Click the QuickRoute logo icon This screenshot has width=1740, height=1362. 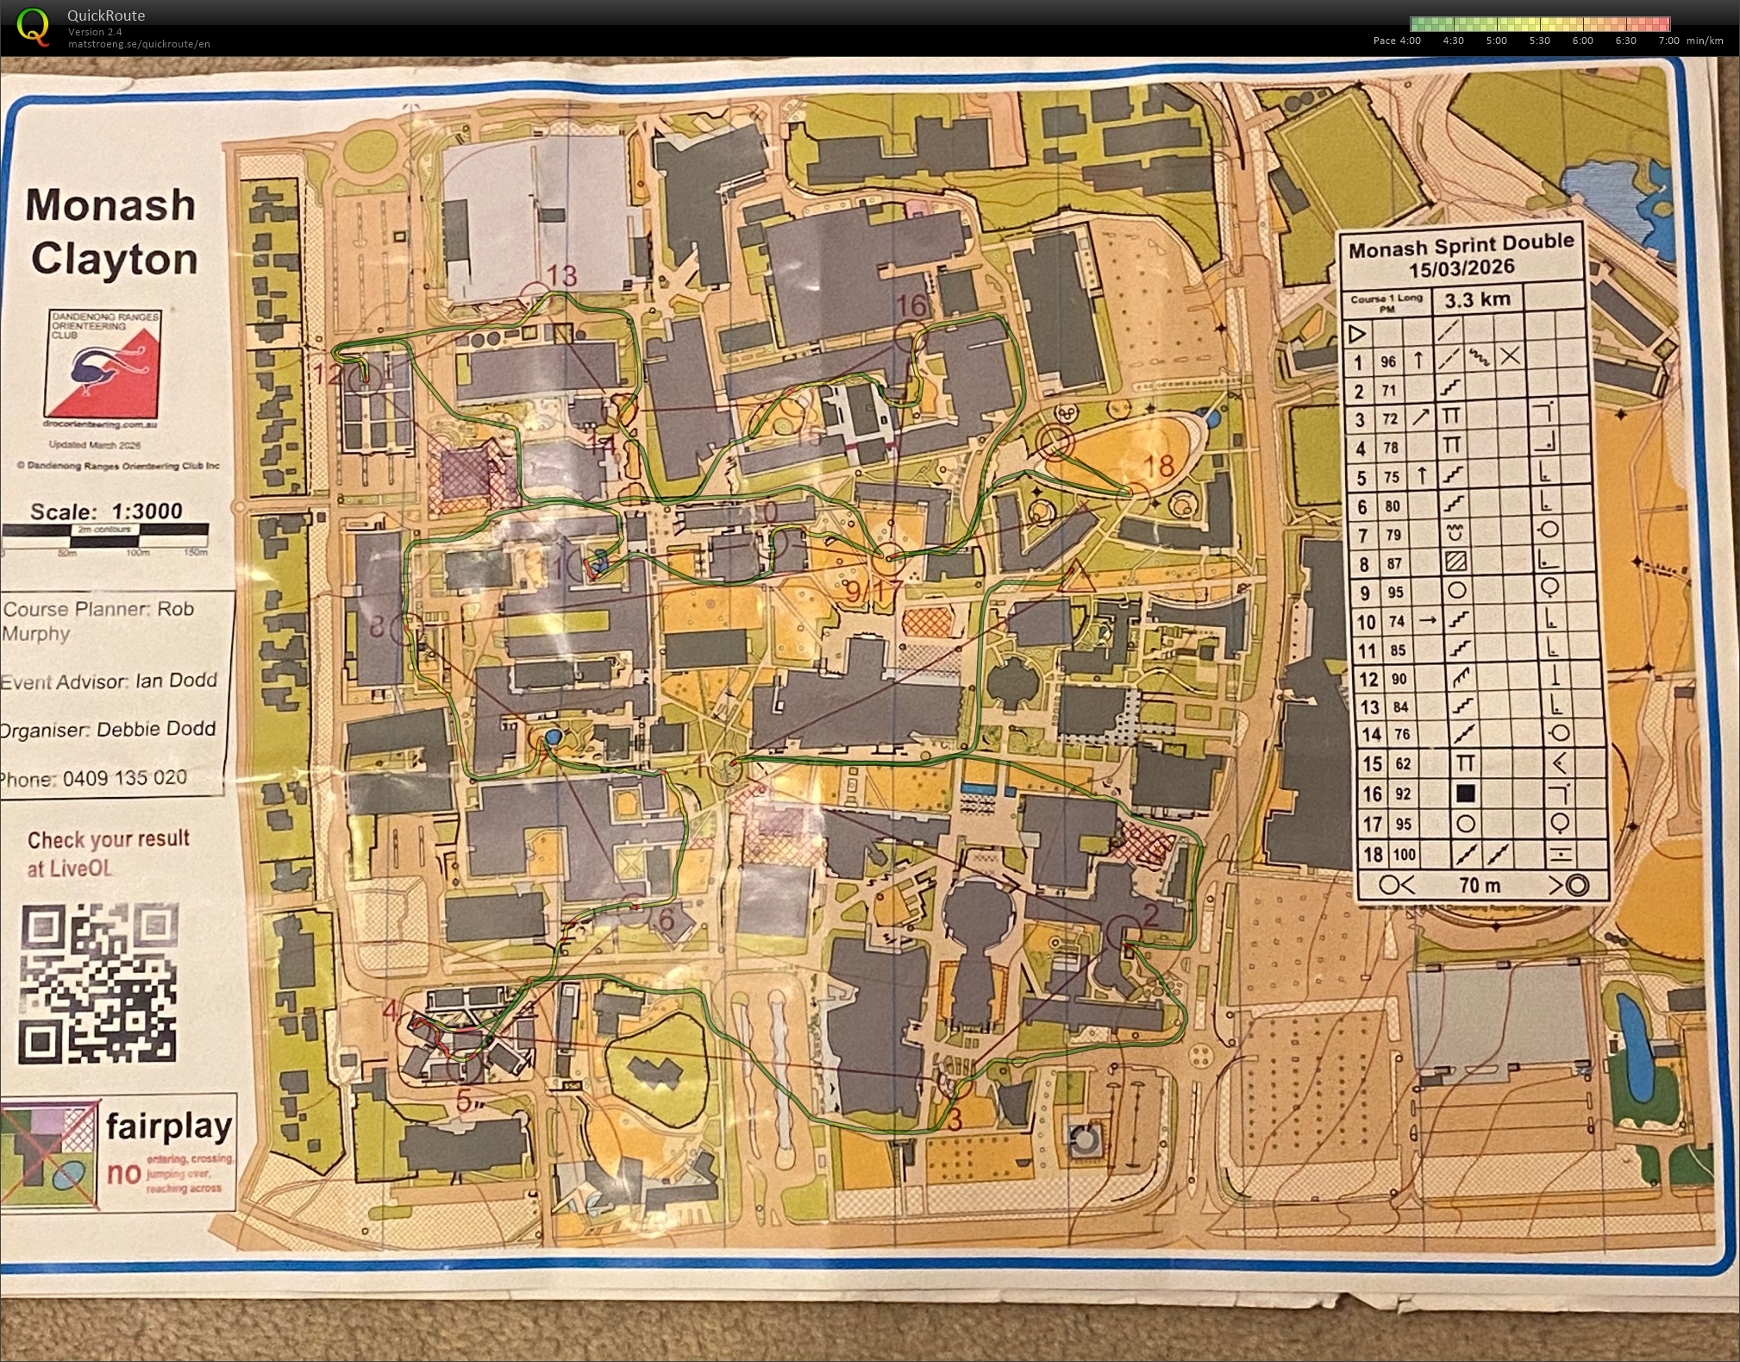pyautogui.click(x=33, y=26)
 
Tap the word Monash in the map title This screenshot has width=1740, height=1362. pyautogui.click(x=110, y=205)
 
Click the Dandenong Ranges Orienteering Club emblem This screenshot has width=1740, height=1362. pyautogui.click(x=104, y=364)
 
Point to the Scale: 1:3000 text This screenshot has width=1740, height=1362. pyautogui.click(x=106, y=511)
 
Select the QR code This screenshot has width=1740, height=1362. pyautogui.click(x=98, y=984)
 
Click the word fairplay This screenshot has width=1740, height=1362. pyautogui.click(x=169, y=1126)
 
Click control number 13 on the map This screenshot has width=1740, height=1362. pyautogui.click(x=561, y=275)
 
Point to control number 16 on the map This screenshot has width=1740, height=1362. pyautogui.click(x=911, y=304)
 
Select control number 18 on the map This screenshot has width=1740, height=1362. pyautogui.click(x=1159, y=466)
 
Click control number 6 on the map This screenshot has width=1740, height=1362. pyautogui.click(x=666, y=920)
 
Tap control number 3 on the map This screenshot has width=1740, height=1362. pyautogui.click(x=954, y=1120)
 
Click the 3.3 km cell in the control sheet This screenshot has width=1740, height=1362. pyautogui.click(x=1477, y=299)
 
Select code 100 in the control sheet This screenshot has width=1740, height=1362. pyautogui.click(x=1404, y=854)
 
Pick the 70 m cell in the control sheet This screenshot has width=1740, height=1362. pyautogui.click(x=1480, y=885)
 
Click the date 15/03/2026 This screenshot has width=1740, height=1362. pyautogui.click(x=1461, y=268)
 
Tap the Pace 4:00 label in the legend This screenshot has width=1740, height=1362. pyautogui.click(x=1397, y=41)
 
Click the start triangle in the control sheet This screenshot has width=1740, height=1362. pyautogui.click(x=1357, y=333)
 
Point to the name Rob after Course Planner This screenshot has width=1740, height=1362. pyautogui.click(x=175, y=608)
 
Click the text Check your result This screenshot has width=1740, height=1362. pyautogui.click(x=109, y=839)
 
